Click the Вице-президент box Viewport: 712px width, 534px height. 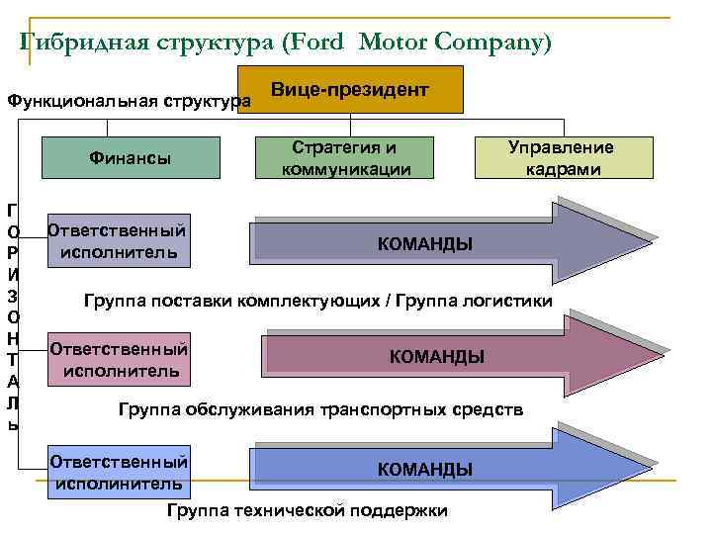tap(350, 90)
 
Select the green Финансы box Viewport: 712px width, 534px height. tap(130, 157)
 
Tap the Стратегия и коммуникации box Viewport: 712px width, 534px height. tap(344, 158)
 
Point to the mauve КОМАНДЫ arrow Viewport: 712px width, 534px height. tap(435, 357)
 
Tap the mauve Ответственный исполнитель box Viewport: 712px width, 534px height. tap(119, 360)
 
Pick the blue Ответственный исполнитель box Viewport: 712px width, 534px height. tap(119, 473)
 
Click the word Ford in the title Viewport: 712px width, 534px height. tap(314, 43)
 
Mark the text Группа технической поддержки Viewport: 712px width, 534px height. tap(307, 510)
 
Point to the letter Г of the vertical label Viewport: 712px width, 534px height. tap(11, 210)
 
